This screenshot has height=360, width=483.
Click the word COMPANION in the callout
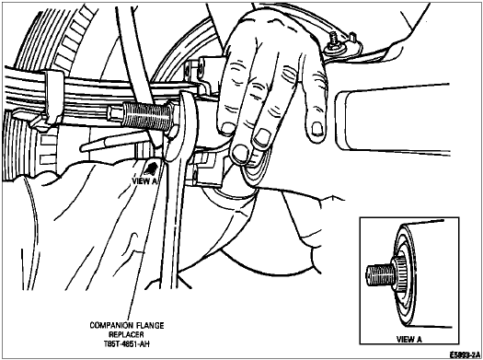click(x=109, y=326)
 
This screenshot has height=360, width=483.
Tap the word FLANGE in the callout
click(x=150, y=326)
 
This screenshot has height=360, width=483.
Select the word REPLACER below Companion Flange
click(x=126, y=334)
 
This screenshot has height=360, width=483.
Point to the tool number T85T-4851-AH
click(x=126, y=343)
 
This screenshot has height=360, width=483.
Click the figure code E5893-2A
click(x=465, y=354)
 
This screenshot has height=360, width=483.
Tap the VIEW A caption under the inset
click(x=408, y=340)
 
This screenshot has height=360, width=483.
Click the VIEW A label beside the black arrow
click(x=144, y=181)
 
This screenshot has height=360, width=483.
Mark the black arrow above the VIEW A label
click(x=151, y=168)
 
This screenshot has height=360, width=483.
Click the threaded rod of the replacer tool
click(x=144, y=116)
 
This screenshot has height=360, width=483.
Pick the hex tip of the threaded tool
click(x=115, y=113)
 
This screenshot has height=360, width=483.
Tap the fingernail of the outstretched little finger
click(x=317, y=129)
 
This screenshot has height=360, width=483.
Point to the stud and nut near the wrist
click(x=333, y=42)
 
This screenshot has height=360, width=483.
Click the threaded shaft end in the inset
click(x=379, y=274)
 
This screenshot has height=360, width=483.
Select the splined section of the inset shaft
click(x=399, y=274)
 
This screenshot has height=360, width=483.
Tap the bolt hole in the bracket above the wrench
click(x=201, y=65)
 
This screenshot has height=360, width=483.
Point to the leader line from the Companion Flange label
click(x=144, y=240)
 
